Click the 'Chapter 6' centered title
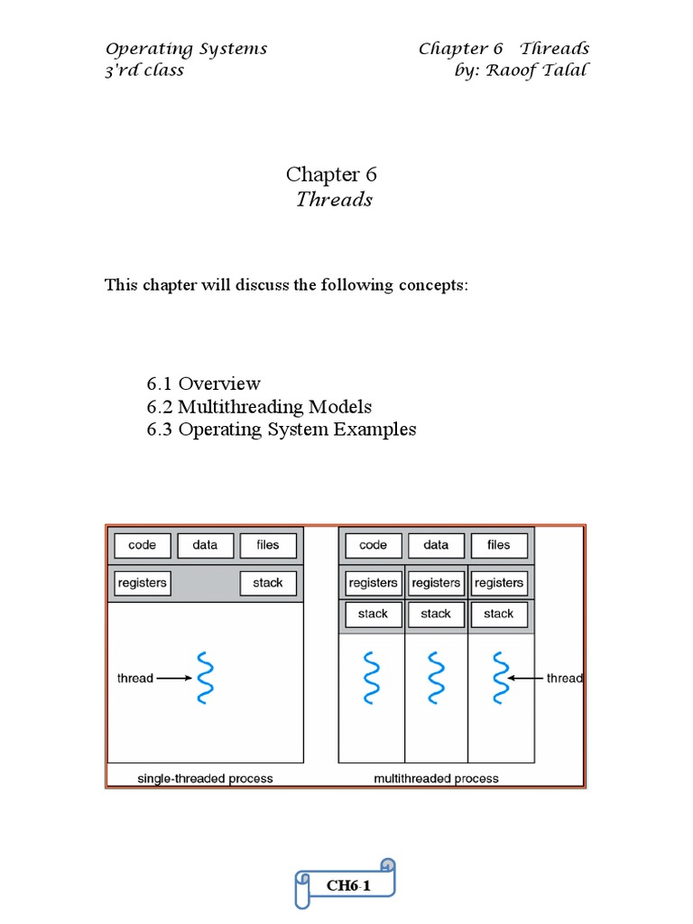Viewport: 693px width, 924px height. click(331, 174)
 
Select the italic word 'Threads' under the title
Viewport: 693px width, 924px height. click(334, 199)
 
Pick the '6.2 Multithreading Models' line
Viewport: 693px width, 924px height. click(259, 407)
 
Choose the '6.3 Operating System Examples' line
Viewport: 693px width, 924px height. click(282, 430)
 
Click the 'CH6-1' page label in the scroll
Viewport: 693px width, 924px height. click(348, 886)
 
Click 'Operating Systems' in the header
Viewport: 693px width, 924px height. click(186, 49)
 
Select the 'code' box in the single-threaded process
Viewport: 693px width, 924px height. click(143, 545)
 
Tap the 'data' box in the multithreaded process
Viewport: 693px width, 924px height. click(436, 545)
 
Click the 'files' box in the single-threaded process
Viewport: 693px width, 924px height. click(268, 545)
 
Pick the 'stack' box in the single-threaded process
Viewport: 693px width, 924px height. click(268, 583)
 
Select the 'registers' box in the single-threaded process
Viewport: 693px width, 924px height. click(143, 583)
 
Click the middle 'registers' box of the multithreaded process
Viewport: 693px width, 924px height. click(436, 583)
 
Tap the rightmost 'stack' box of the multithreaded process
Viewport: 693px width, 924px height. click(498, 614)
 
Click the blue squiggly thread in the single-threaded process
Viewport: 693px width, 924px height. click(205, 677)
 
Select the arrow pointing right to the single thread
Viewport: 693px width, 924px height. click(172, 678)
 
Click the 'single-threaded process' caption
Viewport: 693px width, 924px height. click(205, 778)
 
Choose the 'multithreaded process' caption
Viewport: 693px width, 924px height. click(436, 778)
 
